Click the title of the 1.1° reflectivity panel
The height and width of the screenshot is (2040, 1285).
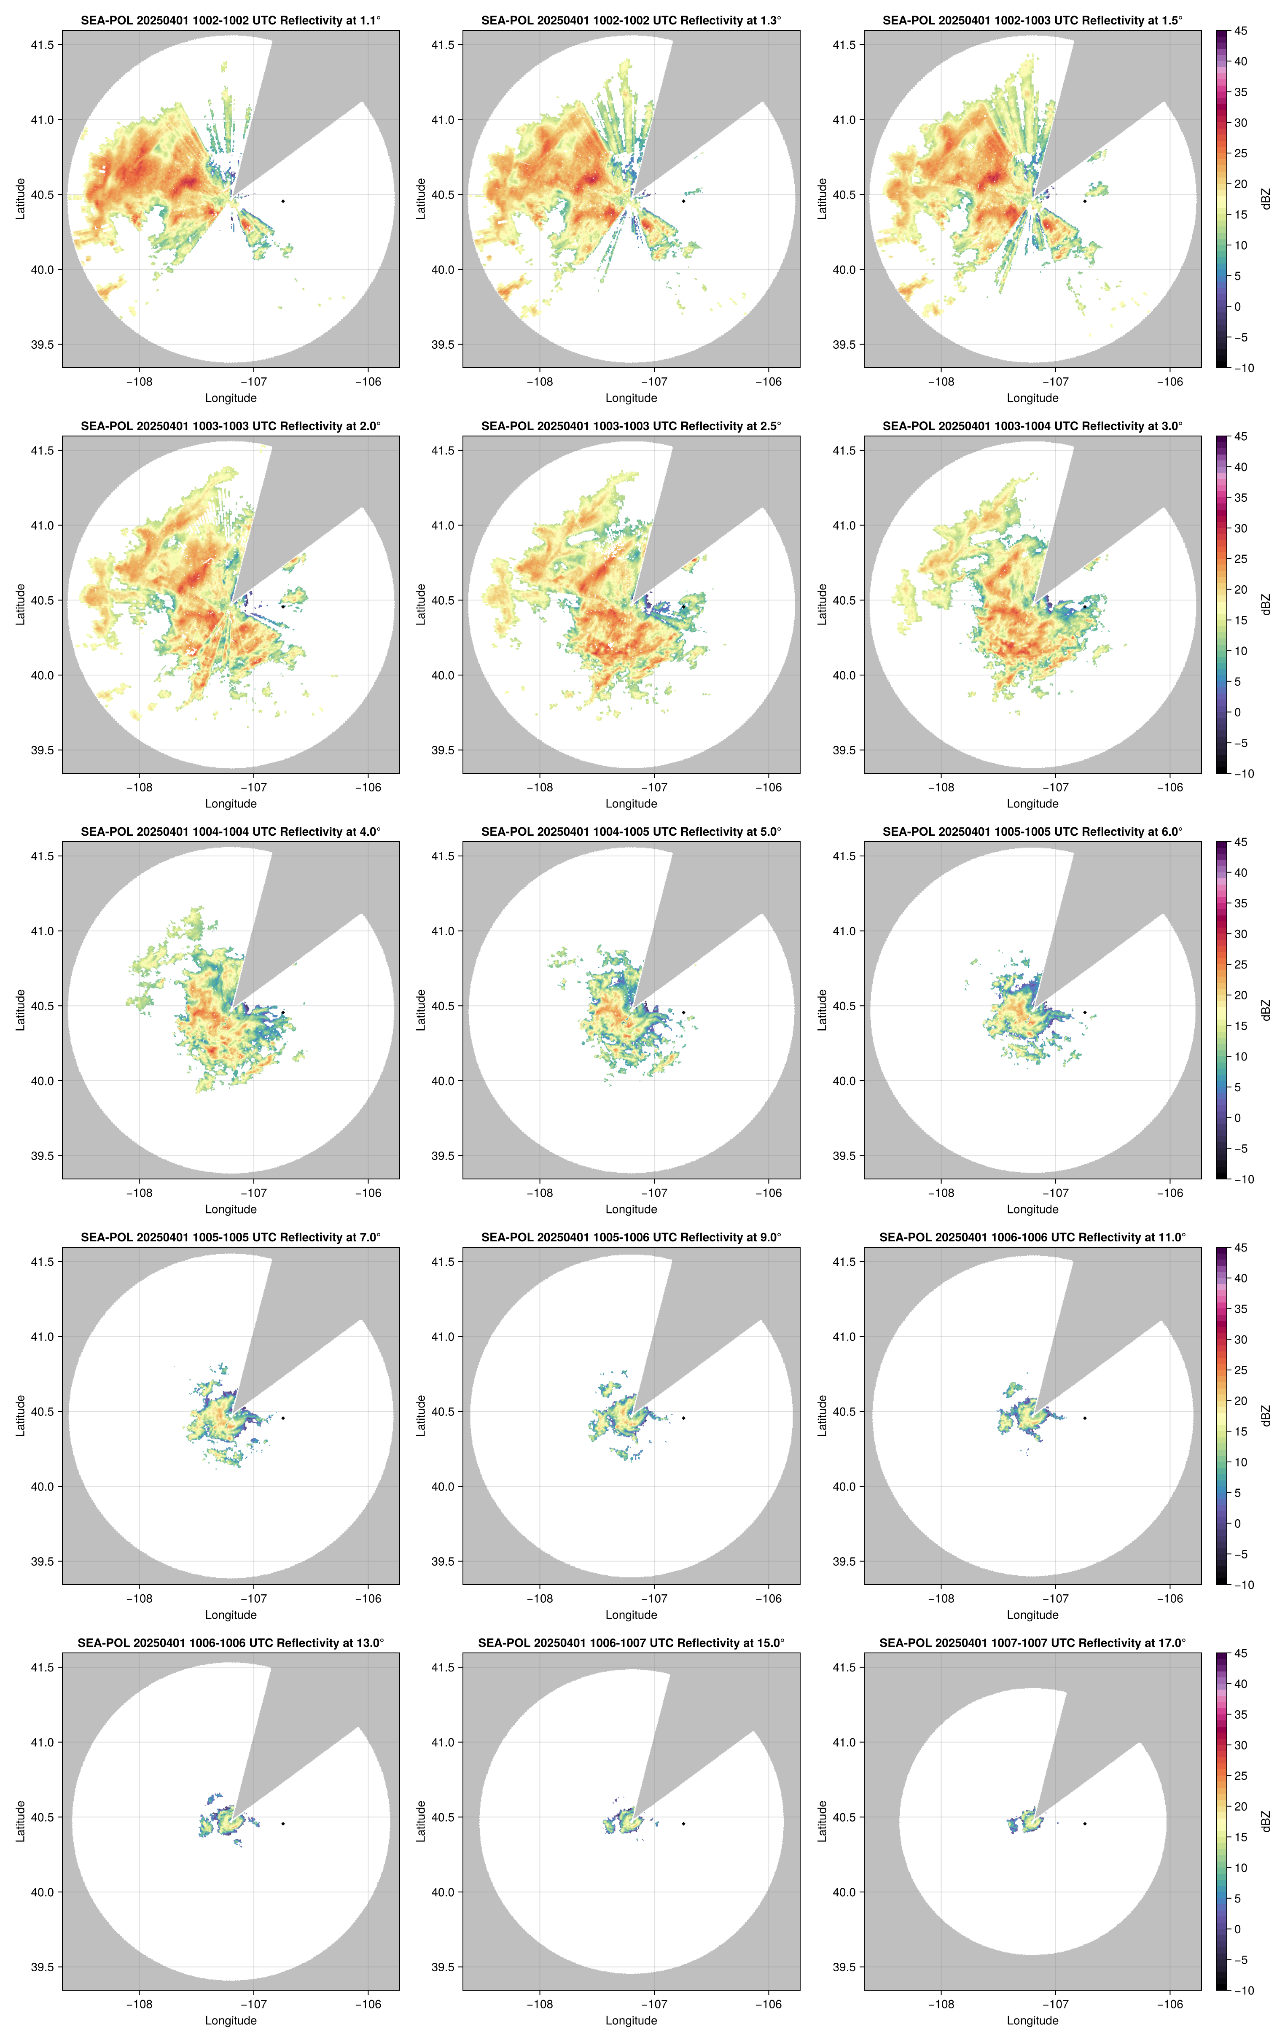click(231, 20)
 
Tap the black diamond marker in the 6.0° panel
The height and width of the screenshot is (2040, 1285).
click(1084, 1012)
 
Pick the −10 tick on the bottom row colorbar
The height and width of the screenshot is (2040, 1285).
click(1243, 1990)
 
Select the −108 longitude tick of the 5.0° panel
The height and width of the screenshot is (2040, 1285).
click(540, 1193)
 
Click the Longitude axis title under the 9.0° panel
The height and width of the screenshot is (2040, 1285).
click(631, 1615)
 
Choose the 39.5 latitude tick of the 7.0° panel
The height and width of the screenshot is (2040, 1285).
click(42, 1561)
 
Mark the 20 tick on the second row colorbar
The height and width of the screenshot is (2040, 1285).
click(1240, 589)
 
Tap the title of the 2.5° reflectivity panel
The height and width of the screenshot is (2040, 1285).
click(631, 426)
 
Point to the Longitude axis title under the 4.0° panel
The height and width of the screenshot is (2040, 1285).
click(231, 1209)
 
